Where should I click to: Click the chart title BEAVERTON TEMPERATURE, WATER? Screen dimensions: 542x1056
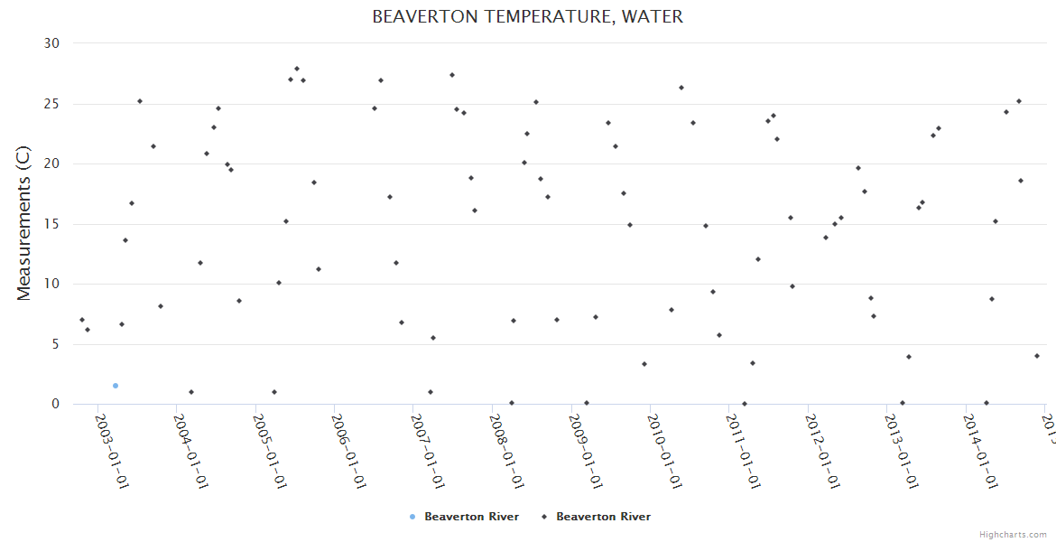click(527, 17)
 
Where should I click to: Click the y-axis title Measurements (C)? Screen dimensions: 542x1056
click(24, 224)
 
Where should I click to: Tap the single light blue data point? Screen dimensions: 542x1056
click(116, 386)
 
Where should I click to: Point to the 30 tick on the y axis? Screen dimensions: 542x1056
click(51, 43)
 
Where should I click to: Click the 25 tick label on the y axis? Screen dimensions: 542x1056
click(51, 104)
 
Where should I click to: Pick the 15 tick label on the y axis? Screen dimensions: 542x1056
click(51, 224)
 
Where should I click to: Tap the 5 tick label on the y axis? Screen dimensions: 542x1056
click(55, 344)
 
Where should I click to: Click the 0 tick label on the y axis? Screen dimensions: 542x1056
click(55, 405)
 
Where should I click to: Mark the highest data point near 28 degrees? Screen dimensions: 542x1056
click(297, 69)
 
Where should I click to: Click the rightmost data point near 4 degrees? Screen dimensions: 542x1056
click(1037, 356)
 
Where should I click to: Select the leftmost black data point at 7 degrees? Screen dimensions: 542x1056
click(82, 320)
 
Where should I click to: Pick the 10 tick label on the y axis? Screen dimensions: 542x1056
click(51, 284)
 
